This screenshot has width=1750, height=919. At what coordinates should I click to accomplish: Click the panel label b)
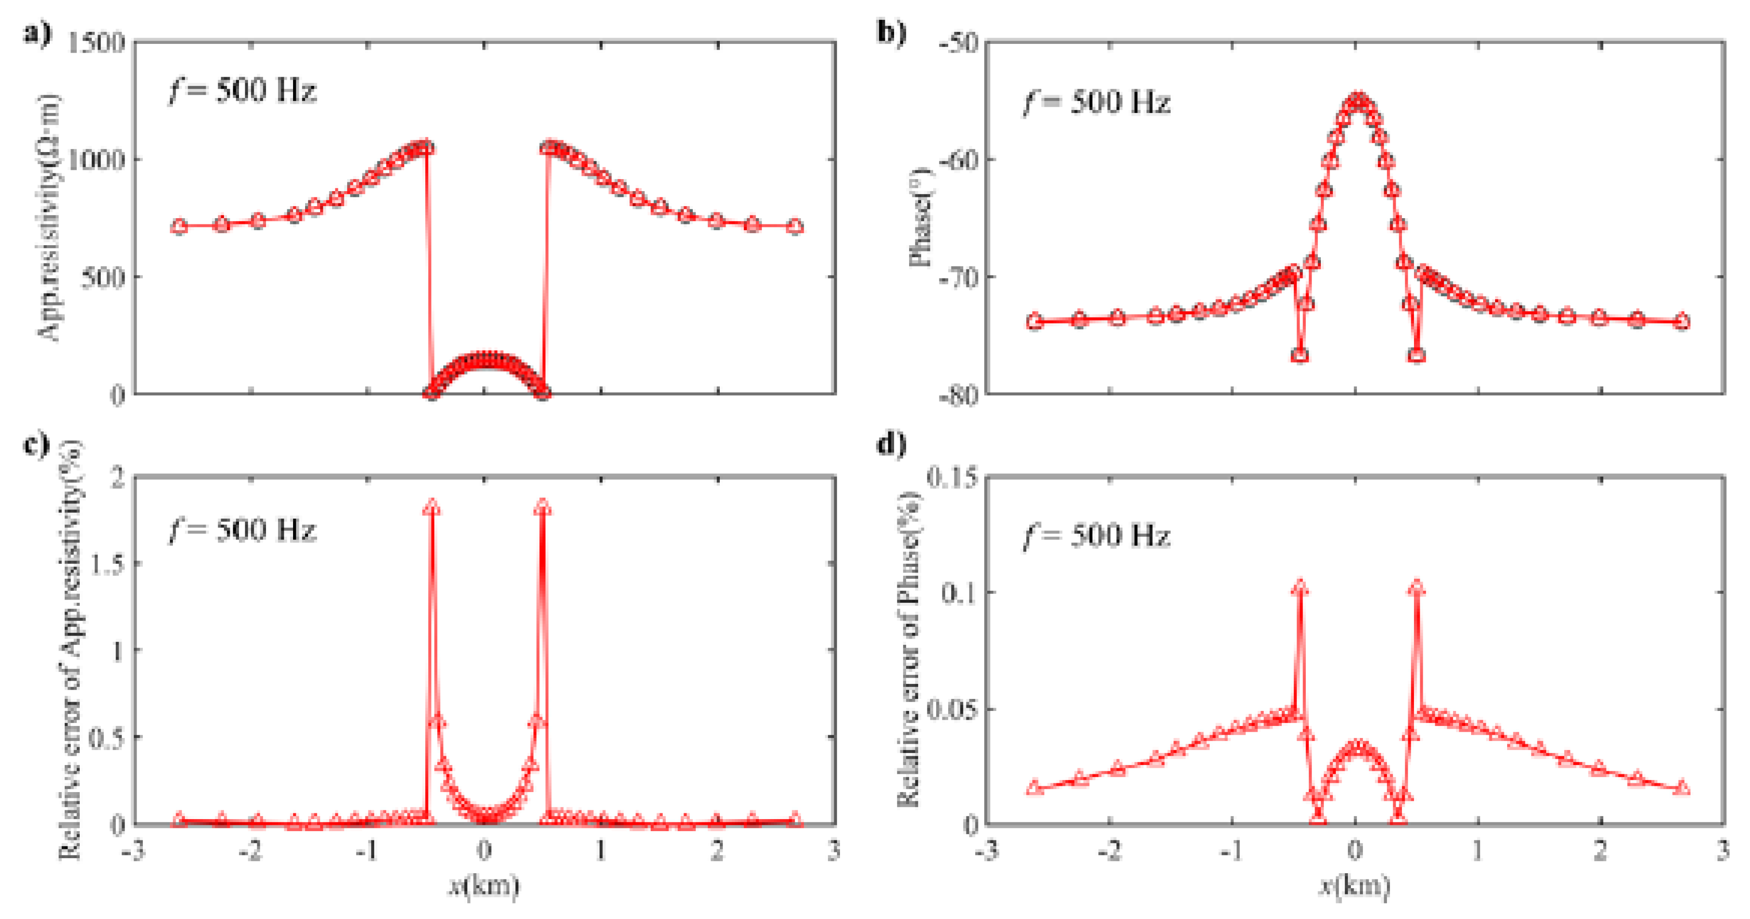891,33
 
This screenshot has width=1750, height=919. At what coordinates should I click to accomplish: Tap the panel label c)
37,445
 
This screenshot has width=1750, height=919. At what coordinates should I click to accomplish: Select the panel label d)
891,445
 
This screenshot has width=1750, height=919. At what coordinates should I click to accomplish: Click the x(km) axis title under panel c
484,885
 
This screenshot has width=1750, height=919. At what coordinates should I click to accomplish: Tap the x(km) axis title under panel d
1354,885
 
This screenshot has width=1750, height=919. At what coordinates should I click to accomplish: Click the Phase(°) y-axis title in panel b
921,217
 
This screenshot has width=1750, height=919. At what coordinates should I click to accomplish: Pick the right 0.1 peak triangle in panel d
1416,588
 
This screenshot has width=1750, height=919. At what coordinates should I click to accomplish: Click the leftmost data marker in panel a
179,226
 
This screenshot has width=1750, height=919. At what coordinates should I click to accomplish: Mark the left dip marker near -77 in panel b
1300,355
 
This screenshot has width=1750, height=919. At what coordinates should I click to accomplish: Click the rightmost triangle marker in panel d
1682,788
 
